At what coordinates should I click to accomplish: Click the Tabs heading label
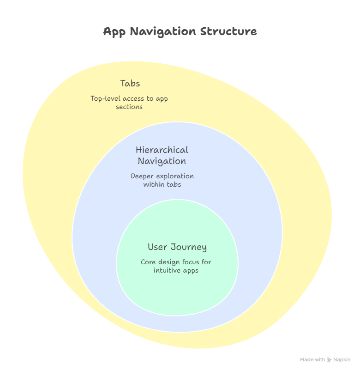coord(130,84)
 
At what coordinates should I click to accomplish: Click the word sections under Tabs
coord(129,107)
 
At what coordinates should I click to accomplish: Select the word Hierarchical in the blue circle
coord(162,150)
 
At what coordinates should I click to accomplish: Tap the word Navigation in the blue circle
coord(162,161)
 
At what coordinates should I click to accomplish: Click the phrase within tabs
coord(162,184)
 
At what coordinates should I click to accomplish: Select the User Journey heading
coord(177,247)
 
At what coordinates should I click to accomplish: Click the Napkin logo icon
coord(330,359)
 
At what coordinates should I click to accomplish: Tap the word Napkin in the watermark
coord(342,359)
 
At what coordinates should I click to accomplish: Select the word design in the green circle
coord(169,262)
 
